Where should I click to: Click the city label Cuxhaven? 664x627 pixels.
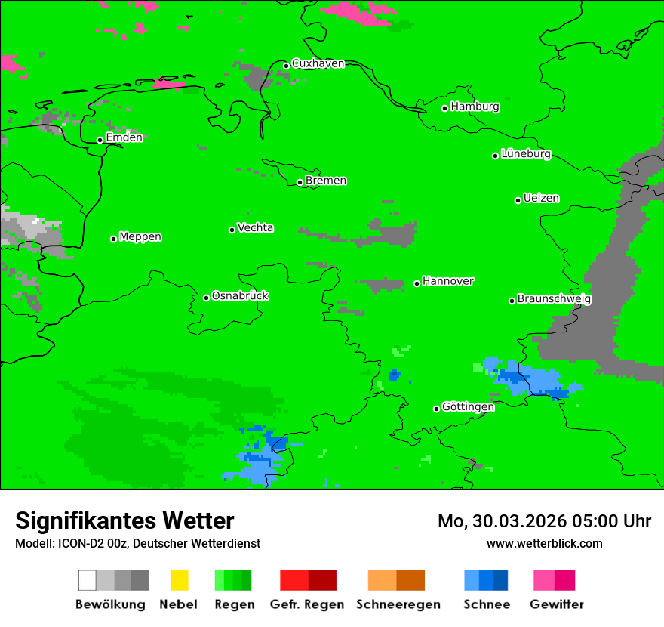coord(318,63)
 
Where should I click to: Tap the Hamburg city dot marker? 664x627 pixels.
coord(445,108)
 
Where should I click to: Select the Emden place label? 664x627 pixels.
coord(124,137)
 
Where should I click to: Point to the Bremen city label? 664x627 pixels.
coord(326,181)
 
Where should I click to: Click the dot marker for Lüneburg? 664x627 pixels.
coord(496,156)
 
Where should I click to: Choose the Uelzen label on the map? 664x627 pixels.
coord(541,199)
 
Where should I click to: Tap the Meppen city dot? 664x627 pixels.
coord(114,239)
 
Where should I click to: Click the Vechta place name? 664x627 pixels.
coord(255,227)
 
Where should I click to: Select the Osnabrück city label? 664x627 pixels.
coord(240,295)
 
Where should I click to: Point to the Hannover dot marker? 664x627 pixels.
coord(417,284)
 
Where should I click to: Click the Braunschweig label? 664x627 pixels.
coord(554,299)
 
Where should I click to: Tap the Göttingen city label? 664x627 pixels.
coord(468,407)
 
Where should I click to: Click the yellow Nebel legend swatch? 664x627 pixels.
coord(179,580)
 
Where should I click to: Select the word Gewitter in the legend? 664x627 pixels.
coord(557,604)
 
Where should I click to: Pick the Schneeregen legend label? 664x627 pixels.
coord(398,604)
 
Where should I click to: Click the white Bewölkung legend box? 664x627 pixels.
coord(88,580)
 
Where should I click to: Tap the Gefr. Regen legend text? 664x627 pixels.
coord(307,604)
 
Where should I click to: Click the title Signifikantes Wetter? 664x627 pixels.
coord(124,520)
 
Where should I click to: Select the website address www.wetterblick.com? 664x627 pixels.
coord(545,544)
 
